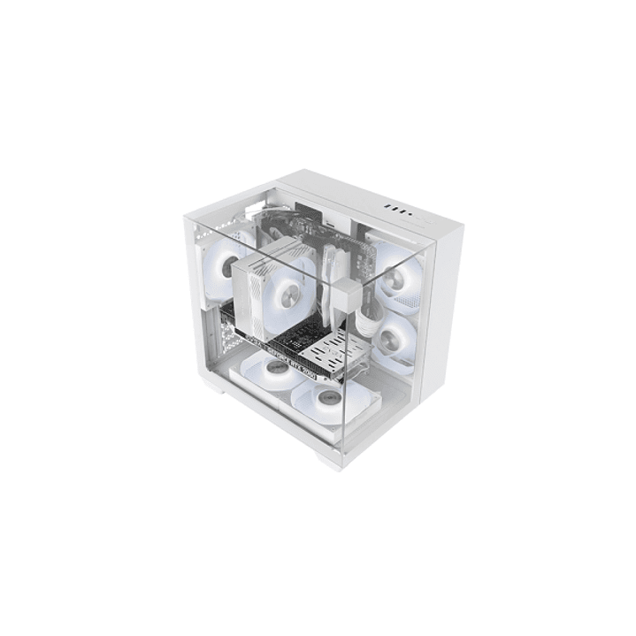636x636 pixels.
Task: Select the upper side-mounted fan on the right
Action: coord(395,276)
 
